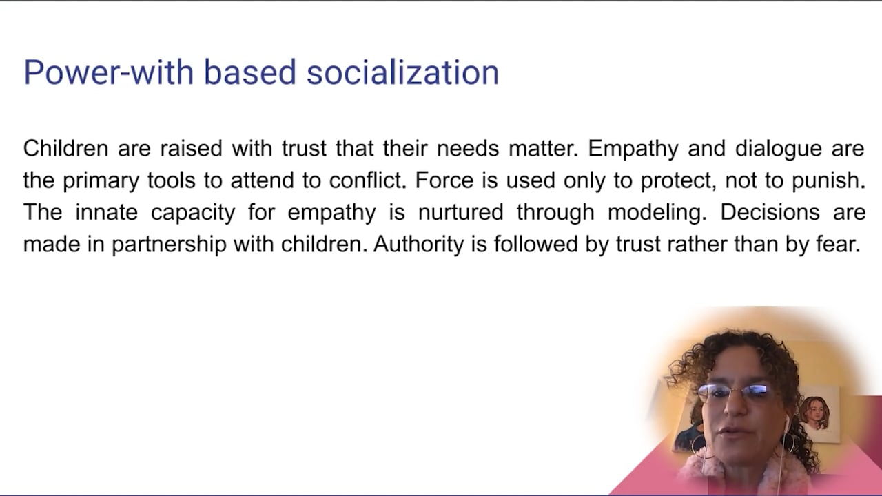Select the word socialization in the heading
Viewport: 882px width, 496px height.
[402, 72]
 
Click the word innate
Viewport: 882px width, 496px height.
[106, 212]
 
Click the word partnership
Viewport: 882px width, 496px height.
[169, 245]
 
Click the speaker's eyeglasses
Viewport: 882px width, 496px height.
[735, 393]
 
